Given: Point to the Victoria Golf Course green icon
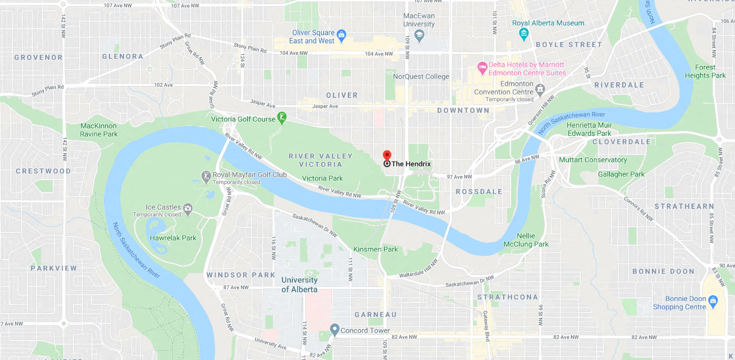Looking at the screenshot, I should tap(282, 118).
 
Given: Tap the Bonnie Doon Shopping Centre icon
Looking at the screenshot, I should tap(712, 300).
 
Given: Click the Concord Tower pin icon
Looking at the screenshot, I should tap(334, 329).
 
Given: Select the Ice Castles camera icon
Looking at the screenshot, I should tap(188, 208).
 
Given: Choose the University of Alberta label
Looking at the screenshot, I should tap(299, 284).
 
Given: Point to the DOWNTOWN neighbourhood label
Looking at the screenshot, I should tap(463, 110).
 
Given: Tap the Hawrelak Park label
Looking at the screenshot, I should tap(173, 238).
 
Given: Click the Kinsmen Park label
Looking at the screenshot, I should tap(376, 249).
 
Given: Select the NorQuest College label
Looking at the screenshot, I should tap(421, 77).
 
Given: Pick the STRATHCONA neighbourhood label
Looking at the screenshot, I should tap(507, 297).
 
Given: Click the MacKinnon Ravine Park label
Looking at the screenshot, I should tap(99, 130).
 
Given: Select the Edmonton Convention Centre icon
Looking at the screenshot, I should tap(540, 91).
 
